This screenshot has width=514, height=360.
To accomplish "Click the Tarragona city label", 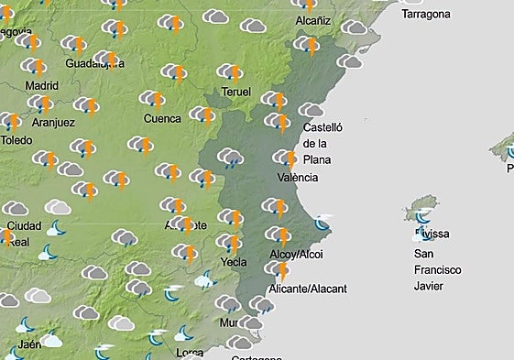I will click(x=426, y=14).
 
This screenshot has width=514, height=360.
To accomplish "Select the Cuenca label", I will click(x=162, y=118).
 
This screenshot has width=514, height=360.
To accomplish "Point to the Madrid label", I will click(x=41, y=85).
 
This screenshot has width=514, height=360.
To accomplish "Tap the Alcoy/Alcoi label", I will click(x=299, y=254).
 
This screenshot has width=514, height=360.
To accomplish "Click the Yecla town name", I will click(x=234, y=262).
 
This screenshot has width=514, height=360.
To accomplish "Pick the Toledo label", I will click(x=17, y=140).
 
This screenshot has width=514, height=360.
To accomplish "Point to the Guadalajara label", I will click(x=94, y=63).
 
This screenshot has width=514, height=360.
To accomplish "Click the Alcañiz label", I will click(x=319, y=20).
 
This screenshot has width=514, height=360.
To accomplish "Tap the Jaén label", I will click(x=29, y=344).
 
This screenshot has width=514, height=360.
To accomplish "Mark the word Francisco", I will click(x=437, y=269).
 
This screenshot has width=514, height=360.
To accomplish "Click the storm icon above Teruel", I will click(x=231, y=72).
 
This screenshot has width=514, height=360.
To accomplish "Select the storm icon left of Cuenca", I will click(x=152, y=99).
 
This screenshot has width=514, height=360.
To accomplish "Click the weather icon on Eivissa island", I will click(x=421, y=216).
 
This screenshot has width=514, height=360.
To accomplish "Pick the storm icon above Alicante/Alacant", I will click(x=278, y=270).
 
